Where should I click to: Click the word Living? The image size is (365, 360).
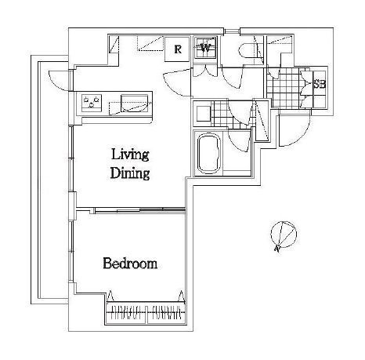[x=130, y=155]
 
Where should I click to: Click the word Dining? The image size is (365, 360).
[x=130, y=173]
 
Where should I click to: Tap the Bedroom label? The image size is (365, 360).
[x=130, y=264]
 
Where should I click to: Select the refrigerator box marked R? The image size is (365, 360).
[x=177, y=49]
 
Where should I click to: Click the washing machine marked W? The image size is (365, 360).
[x=205, y=49]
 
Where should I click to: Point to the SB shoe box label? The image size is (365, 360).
[x=320, y=84]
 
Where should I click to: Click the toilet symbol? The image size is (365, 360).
[x=248, y=50]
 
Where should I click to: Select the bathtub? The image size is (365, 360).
[x=209, y=153]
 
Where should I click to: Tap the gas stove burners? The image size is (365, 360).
[x=92, y=103]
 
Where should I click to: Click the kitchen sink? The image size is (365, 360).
[x=134, y=104]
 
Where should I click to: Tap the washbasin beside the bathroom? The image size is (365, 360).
[x=204, y=113]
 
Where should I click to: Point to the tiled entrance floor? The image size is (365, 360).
[x=284, y=88]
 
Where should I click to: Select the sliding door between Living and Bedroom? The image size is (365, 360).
[x=139, y=209]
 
